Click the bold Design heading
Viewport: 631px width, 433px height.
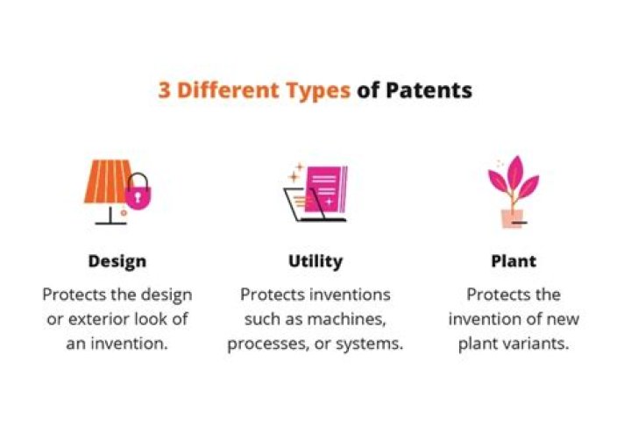point(117,261)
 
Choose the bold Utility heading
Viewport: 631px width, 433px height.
point(315,261)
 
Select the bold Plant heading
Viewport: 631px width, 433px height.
point(514,261)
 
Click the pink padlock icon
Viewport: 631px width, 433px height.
point(137,195)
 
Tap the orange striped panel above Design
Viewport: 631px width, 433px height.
point(105,181)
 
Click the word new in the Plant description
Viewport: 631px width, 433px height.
point(562,319)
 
